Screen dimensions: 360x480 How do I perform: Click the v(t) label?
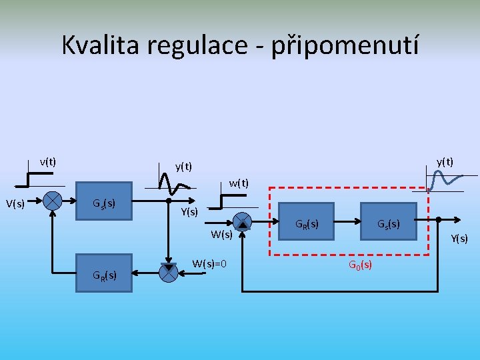[x=48, y=161]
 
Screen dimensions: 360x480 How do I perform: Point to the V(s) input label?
[x=16, y=203]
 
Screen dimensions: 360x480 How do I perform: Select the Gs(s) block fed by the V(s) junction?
[x=104, y=202]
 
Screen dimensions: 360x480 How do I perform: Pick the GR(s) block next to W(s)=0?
[x=105, y=273]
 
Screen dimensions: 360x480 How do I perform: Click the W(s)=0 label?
[x=209, y=264]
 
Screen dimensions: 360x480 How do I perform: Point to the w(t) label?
[x=239, y=183]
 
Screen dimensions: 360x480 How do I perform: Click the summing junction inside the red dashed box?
[x=243, y=221]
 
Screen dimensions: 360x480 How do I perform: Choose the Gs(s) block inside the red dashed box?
[x=389, y=223]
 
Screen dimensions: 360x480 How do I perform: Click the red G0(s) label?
[x=360, y=265]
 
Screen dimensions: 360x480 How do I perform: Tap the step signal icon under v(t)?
[x=37, y=179]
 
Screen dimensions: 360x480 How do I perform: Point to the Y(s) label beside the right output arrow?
[x=459, y=238]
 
